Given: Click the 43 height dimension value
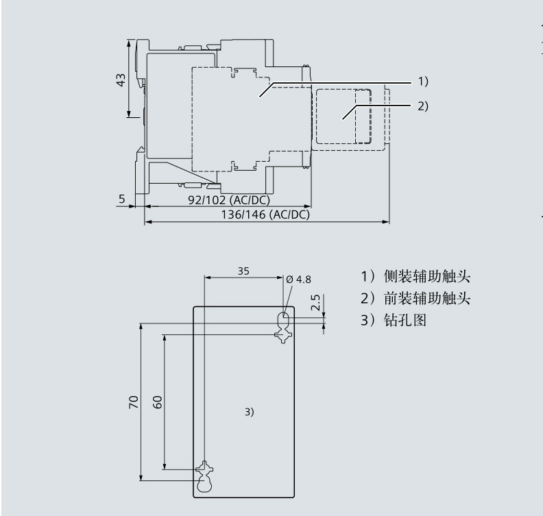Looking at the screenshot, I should point(121,79).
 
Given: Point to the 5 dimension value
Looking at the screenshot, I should point(121,199).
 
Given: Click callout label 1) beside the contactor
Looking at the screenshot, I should point(422,82).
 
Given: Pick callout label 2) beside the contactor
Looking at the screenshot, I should point(422,106).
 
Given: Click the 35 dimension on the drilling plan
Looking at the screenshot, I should point(243,270).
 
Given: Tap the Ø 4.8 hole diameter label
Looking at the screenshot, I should point(299,279).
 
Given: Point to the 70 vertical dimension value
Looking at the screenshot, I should point(134,401).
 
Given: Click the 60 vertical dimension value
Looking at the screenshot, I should point(157,402).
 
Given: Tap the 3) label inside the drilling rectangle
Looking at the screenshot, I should point(249,412).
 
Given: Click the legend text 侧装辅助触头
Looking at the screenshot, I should point(426,278).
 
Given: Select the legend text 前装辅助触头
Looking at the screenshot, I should point(426,299).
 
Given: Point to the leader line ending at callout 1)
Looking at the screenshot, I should point(343,82).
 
